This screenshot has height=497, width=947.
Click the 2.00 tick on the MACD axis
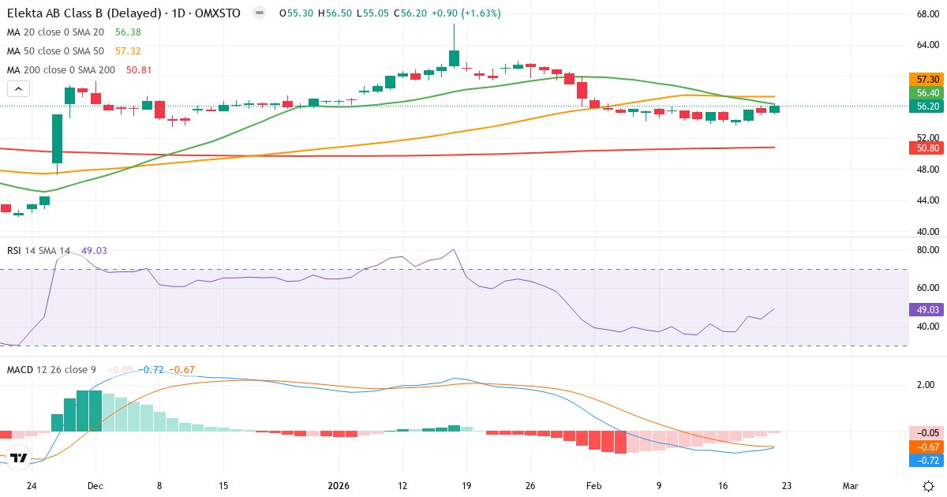(x=926, y=385)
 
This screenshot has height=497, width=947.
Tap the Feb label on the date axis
(x=594, y=486)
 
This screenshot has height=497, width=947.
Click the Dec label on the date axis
(x=95, y=486)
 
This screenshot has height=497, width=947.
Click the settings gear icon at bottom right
(x=929, y=486)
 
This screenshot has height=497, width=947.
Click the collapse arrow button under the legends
(x=18, y=89)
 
